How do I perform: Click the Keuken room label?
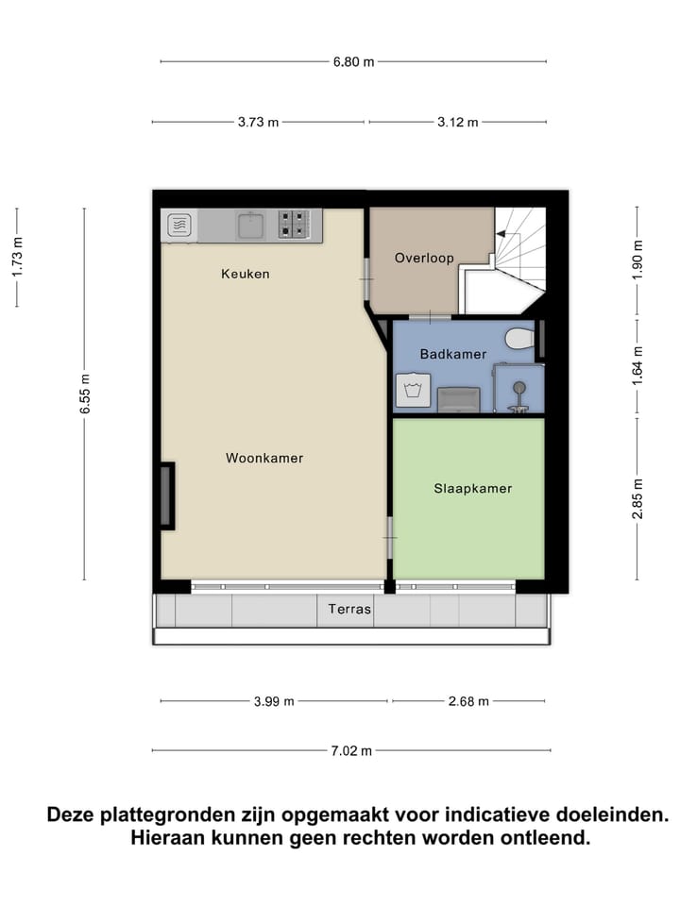246,275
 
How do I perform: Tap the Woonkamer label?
264,459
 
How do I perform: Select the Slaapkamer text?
472,489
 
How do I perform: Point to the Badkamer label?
453,355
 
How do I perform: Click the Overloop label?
424,258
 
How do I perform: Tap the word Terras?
349,610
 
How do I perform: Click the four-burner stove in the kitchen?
292,225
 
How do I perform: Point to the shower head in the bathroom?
518,387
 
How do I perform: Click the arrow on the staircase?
504,232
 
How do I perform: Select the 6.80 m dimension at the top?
353,62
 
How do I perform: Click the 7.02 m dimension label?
351,751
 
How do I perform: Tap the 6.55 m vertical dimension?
85,394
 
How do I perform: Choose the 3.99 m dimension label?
274,701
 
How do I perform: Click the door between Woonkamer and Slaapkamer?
388,538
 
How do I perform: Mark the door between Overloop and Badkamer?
431,316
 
